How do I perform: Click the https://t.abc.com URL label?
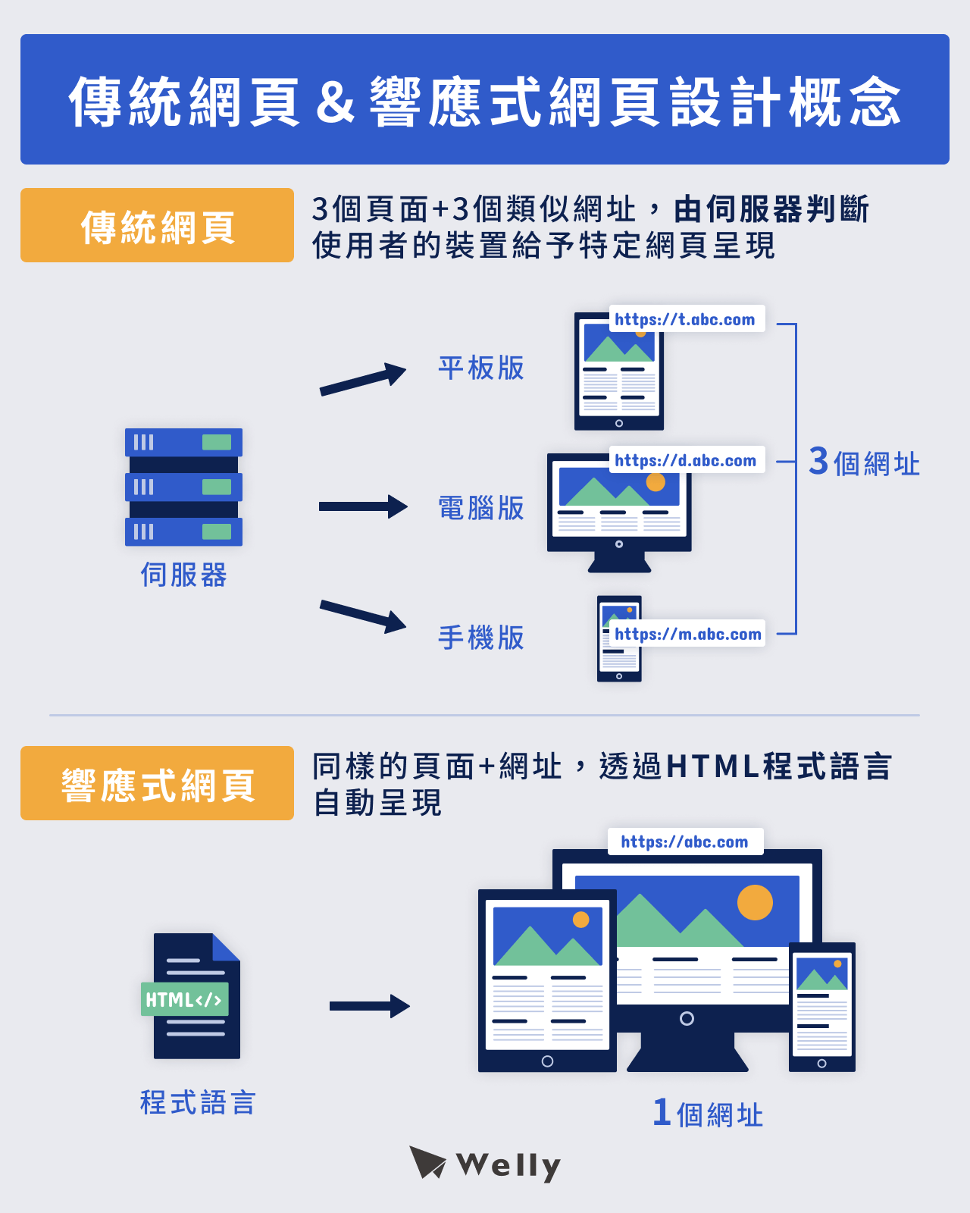[685, 319]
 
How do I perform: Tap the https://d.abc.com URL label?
[685, 460]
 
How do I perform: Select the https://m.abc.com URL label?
[687, 634]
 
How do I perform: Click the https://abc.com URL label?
[684, 842]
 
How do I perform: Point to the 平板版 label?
[481, 368]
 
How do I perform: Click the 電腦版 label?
[481, 508]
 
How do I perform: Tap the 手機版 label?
[481, 638]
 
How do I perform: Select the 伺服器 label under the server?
[183, 575]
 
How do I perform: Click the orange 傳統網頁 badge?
[157, 226]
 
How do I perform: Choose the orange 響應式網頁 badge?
[157, 784]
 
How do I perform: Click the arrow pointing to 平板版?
[363, 379]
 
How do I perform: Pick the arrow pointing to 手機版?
[363, 616]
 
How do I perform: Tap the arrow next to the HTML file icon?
[370, 1006]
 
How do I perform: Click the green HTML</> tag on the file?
[184, 1000]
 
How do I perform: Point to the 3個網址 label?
[864, 462]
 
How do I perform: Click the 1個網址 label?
[708, 1114]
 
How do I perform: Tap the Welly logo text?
[508, 1166]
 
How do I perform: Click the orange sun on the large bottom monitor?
[755, 902]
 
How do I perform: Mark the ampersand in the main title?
[335, 102]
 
